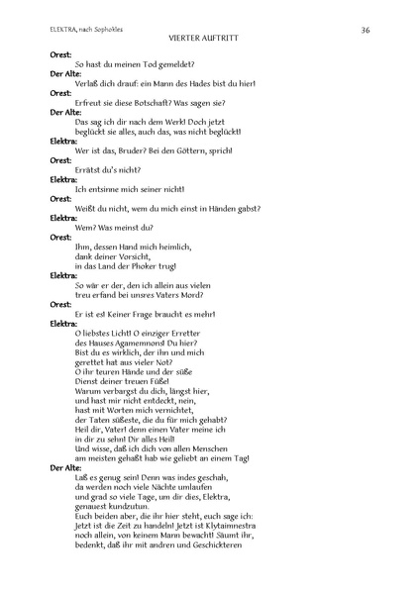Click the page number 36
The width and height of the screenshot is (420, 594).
pyautogui.click(x=366, y=31)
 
